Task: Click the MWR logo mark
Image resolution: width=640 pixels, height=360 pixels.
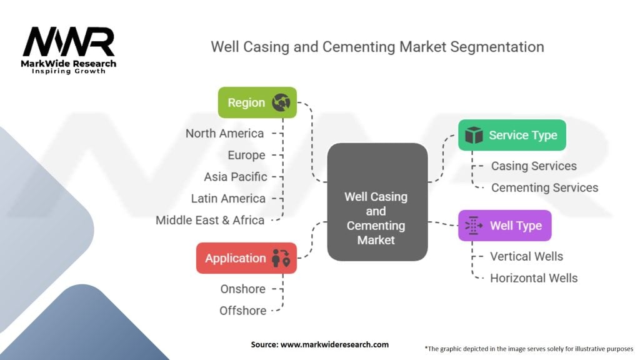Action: [x=69, y=42]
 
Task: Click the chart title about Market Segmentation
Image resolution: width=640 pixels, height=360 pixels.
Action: [x=377, y=47]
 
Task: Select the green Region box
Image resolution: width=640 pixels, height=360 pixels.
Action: [x=257, y=102]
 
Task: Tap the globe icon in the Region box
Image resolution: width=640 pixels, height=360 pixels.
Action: [x=281, y=102]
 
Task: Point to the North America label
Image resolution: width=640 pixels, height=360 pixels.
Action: [x=224, y=133]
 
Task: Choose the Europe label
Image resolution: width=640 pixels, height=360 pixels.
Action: [x=246, y=155]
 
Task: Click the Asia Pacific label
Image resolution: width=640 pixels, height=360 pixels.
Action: [x=235, y=177]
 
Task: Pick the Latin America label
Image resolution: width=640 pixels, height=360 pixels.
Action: [x=228, y=198]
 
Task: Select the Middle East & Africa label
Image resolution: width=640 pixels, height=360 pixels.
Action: [x=210, y=220]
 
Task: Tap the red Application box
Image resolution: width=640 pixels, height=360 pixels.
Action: [x=246, y=258]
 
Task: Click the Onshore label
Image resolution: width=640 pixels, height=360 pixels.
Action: [x=242, y=289]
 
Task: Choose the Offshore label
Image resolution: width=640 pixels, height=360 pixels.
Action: [x=242, y=311]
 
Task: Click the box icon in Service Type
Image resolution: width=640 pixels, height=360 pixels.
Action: [x=474, y=135]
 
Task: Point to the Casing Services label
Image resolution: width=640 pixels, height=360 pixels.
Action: [x=534, y=166]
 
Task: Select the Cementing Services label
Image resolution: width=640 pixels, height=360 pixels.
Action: [x=544, y=187]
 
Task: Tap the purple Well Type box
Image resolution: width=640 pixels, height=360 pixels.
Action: [x=504, y=226]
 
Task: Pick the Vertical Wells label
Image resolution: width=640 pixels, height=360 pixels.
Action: [x=526, y=256]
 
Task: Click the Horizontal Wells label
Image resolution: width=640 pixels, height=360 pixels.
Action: [x=534, y=278]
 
